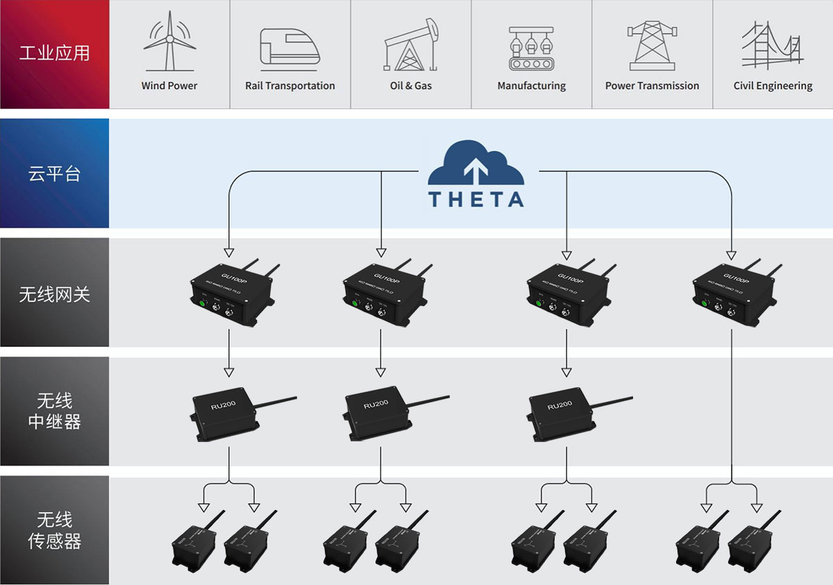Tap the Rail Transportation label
pyautogui.click(x=290, y=86)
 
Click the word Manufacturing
pyautogui.click(x=532, y=86)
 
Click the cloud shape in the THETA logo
pyautogui.click(x=476, y=164)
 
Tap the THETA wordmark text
pyautogui.click(x=476, y=199)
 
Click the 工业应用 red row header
pyautogui.click(x=54, y=53)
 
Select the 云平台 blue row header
pyautogui.click(x=54, y=173)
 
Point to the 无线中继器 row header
pyautogui.click(x=54, y=411)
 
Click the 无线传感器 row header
pyautogui.click(x=54, y=530)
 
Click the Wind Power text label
pyautogui.click(x=169, y=86)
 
